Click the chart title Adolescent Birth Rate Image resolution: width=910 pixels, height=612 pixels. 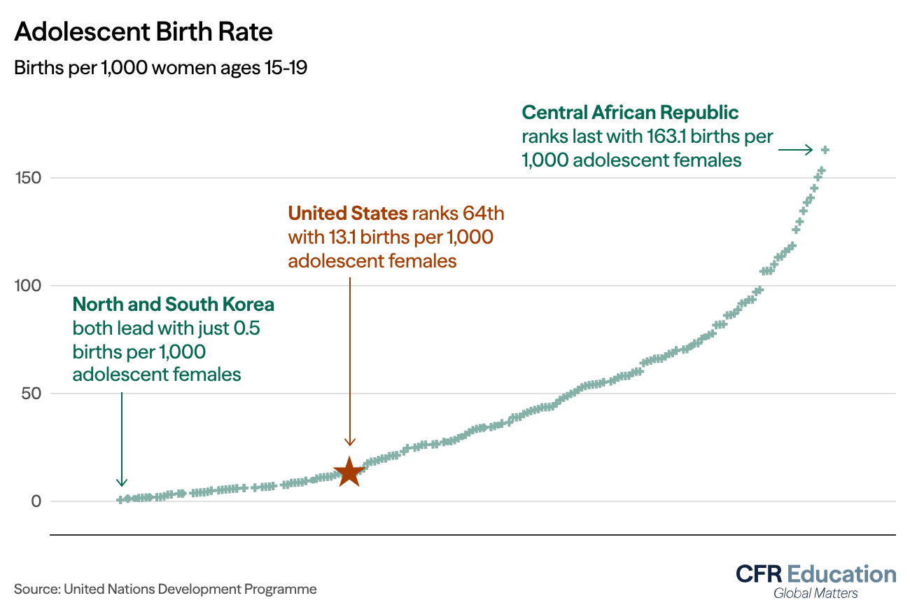[143, 32]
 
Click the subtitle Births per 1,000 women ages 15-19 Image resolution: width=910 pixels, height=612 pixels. [160, 69]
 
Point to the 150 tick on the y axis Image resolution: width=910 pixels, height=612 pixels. [28, 178]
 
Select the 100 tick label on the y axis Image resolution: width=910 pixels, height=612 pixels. [28, 286]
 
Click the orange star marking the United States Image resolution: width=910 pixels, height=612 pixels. [349, 473]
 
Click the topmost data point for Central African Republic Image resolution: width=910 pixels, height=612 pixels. [825, 150]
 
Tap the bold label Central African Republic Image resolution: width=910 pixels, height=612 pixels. [630, 112]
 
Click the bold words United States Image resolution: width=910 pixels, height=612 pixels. [348, 213]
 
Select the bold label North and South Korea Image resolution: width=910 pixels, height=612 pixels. [173, 305]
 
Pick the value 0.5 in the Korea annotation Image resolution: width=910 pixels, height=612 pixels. [247, 328]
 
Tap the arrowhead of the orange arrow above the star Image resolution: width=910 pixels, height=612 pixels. [350, 442]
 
